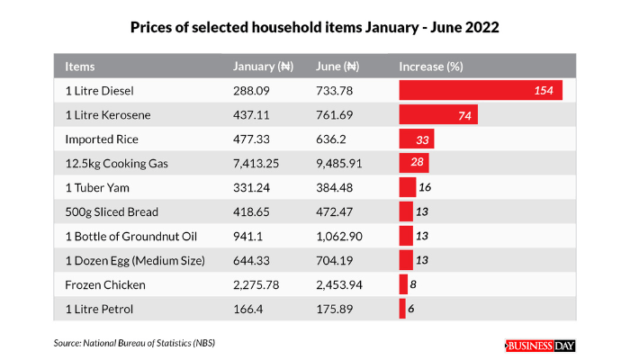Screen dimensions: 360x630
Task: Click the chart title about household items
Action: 315,28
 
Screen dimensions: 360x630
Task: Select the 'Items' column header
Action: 80,67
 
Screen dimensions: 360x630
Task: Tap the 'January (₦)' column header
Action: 264,67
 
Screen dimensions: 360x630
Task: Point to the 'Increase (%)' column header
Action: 430,67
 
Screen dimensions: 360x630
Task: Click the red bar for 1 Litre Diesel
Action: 481,91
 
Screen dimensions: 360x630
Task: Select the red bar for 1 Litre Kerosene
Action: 438,115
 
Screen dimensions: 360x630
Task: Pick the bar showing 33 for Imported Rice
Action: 417,139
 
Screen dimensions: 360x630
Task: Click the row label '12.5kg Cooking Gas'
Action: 117,163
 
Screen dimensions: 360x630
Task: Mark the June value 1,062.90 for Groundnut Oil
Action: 341,236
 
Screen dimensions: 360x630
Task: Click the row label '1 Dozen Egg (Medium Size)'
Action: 135,260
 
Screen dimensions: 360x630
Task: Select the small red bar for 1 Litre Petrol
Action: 402,309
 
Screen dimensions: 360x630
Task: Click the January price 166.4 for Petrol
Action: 248,309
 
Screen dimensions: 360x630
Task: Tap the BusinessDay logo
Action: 539,346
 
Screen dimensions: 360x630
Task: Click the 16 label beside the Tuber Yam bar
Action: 424,187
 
